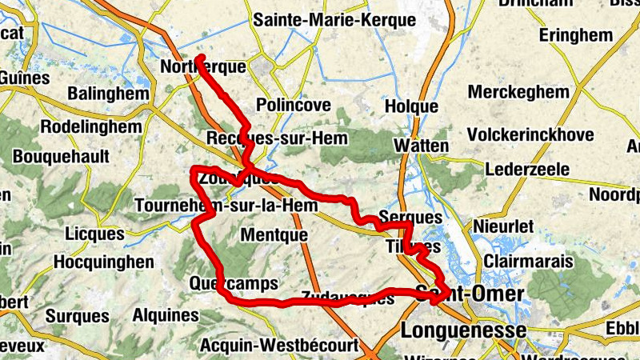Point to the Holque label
point(411,106)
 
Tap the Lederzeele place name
point(527,170)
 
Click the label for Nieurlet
point(503,227)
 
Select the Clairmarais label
point(529,262)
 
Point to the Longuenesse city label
point(464,330)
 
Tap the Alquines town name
point(165,315)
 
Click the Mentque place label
point(274,235)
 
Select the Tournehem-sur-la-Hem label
point(210,205)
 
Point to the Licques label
point(94,235)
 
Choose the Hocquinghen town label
point(103,262)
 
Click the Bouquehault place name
point(61,155)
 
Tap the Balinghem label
point(109,94)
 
